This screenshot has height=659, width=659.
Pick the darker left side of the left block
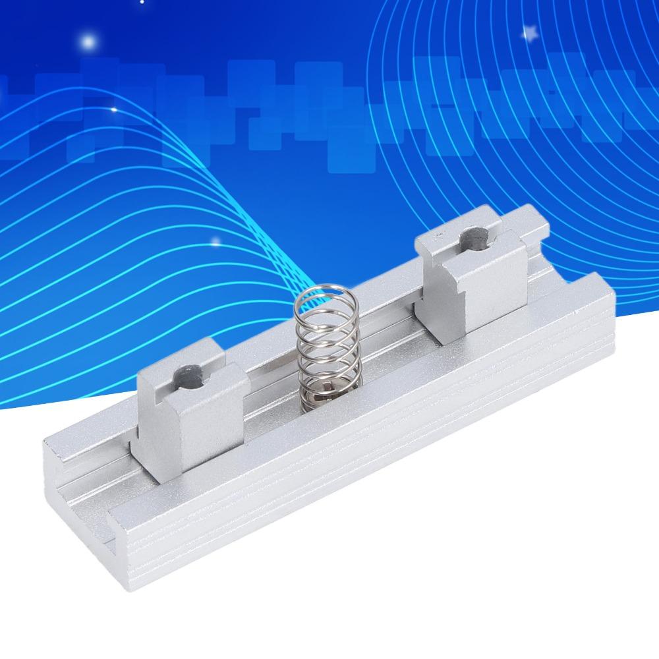(x=146, y=415)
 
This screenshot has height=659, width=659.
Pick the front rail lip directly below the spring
(x=329, y=422)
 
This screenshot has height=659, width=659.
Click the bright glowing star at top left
(x=88, y=42)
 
